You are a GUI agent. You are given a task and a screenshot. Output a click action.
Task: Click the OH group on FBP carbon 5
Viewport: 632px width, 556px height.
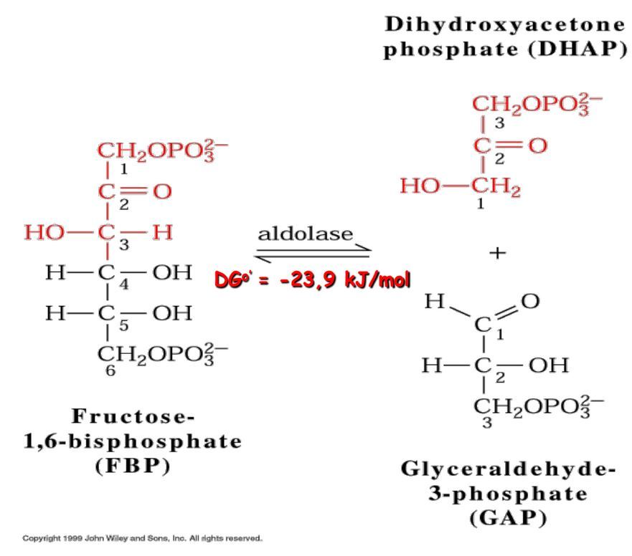click(174, 313)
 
